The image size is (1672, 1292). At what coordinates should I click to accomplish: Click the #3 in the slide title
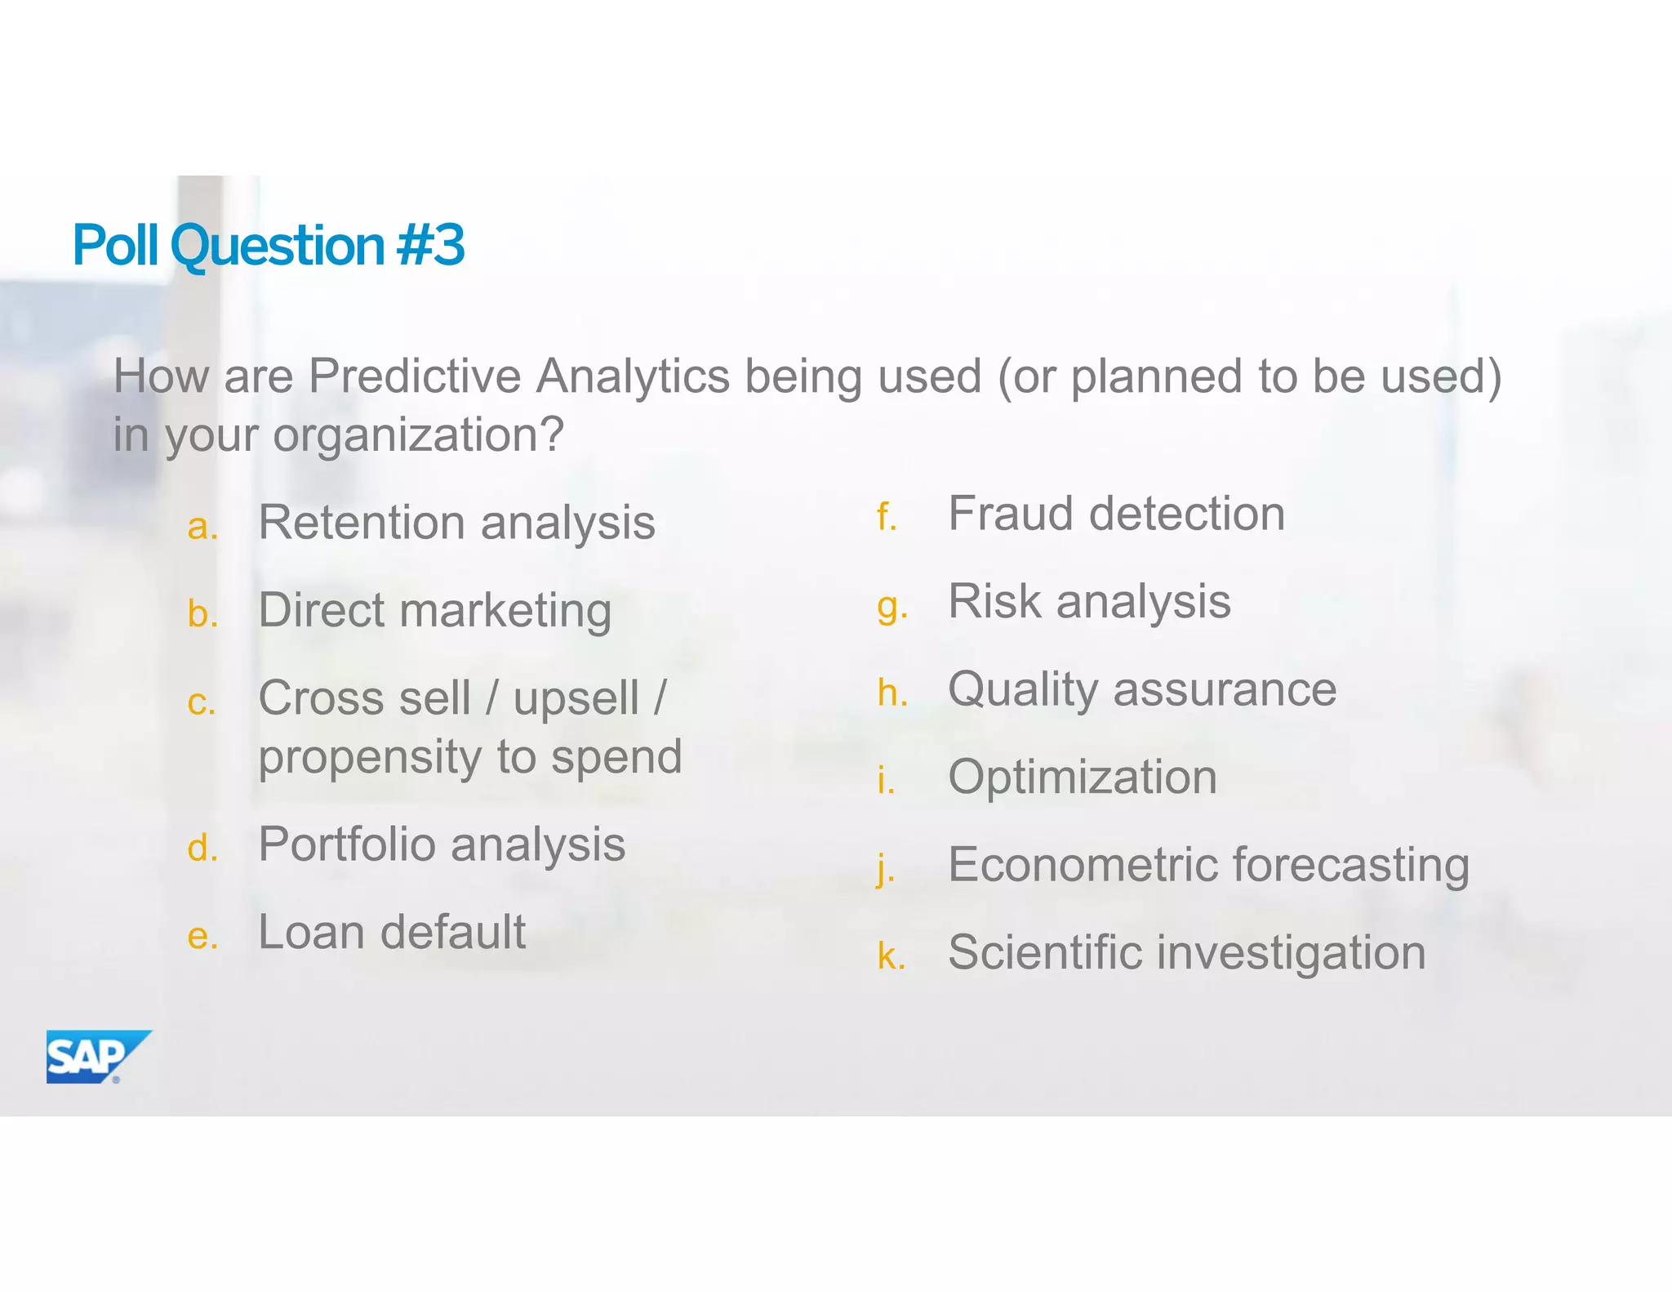[430, 245]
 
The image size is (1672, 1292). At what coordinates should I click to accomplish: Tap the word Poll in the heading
[115, 245]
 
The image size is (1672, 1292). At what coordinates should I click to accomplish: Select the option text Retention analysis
[456, 523]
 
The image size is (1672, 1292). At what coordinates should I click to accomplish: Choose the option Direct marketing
[434, 611]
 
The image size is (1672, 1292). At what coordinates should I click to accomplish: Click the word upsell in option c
[576, 699]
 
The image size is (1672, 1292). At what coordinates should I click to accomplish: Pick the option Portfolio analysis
[442, 844]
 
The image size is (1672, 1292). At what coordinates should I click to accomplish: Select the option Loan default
[392, 932]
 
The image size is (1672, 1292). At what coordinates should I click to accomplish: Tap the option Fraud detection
[1116, 515]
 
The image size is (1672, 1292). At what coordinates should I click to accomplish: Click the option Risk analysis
[1089, 602]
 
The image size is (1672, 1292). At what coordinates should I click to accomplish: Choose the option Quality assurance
[1142, 690]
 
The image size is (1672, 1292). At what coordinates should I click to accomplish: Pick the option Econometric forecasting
[1208, 865]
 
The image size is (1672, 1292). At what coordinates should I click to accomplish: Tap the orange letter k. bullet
[891, 956]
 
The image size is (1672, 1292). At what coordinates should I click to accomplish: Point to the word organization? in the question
[418, 435]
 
